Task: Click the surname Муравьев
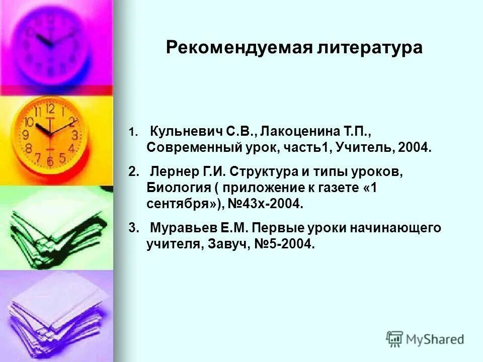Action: pos(183,228)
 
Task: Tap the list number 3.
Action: pos(132,228)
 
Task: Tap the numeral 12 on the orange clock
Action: pos(50,109)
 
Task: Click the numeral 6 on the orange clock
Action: pos(50,161)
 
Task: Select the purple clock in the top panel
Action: pos(53,43)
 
